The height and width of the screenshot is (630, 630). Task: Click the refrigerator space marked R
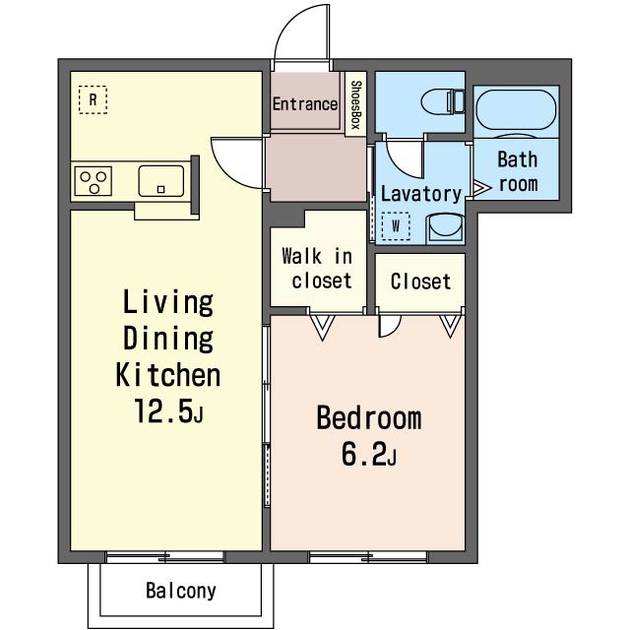tap(93, 99)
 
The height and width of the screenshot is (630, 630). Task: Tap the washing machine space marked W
tap(396, 226)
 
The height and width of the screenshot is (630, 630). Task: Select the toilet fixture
tap(442, 101)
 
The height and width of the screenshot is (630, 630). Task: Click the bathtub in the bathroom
tap(516, 110)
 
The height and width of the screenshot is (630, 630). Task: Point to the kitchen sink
tap(161, 181)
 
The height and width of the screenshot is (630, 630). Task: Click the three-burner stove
tap(94, 181)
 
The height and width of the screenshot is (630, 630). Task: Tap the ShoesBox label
tap(356, 104)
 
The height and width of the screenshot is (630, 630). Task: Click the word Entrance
tap(305, 104)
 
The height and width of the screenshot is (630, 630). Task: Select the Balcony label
tap(181, 591)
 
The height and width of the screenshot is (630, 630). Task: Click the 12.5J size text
tap(168, 411)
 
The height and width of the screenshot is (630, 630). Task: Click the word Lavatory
tap(421, 194)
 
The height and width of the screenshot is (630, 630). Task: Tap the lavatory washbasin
tap(445, 227)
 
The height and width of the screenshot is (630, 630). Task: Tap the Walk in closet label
tap(317, 269)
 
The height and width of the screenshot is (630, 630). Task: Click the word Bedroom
tap(369, 418)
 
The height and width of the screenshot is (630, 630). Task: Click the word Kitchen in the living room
tap(168, 375)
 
